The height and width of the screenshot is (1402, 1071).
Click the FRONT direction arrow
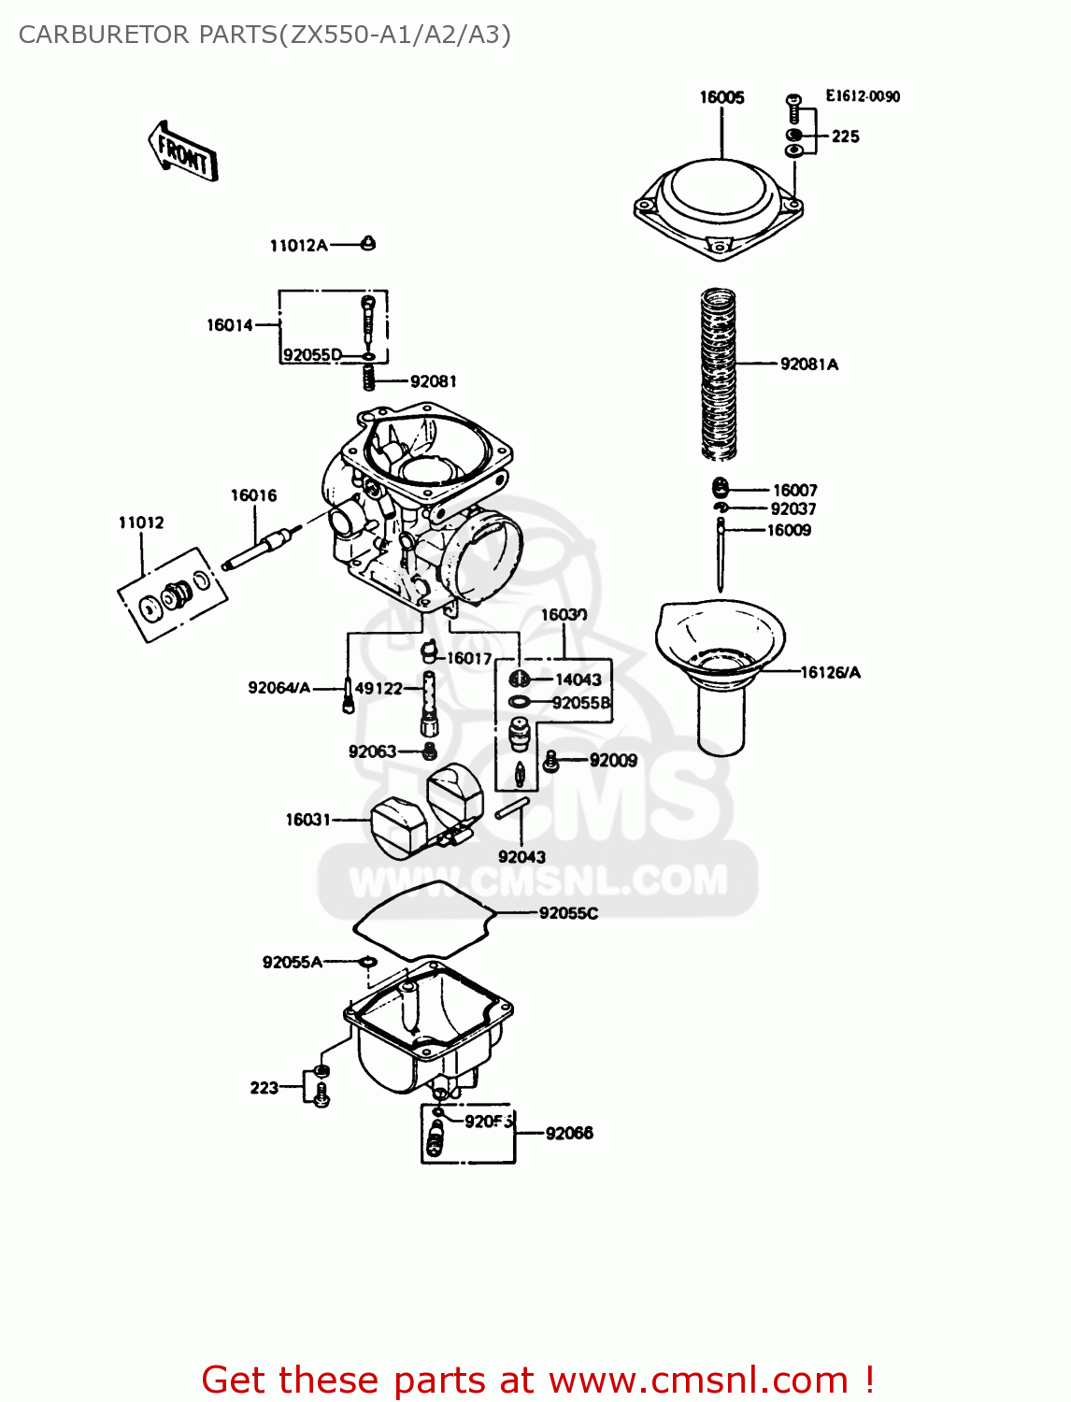click(x=183, y=152)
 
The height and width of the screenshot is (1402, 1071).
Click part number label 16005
click(x=721, y=97)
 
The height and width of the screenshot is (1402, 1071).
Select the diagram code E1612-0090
click(x=862, y=96)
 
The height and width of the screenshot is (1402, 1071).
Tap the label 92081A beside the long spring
click(x=809, y=365)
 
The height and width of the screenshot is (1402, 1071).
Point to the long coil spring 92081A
click(x=719, y=374)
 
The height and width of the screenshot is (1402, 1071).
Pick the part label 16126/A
click(x=830, y=672)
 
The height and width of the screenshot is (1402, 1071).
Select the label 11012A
click(x=298, y=246)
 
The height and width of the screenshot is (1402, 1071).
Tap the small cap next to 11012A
click(x=368, y=243)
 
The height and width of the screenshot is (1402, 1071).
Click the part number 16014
click(x=230, y=325)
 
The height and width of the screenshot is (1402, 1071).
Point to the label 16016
click(x=253, y=495)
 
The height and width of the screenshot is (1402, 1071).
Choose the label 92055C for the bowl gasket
click(x=568, y=913)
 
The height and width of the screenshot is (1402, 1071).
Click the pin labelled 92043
click(x=512, y=808)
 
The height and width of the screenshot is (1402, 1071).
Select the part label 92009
click(x=613, y=761)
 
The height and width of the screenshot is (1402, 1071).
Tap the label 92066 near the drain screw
click(x=569, y=1133)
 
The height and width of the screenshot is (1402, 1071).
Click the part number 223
click(x=264, y=1088)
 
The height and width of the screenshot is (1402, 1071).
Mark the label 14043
click(x=578, y=680)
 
